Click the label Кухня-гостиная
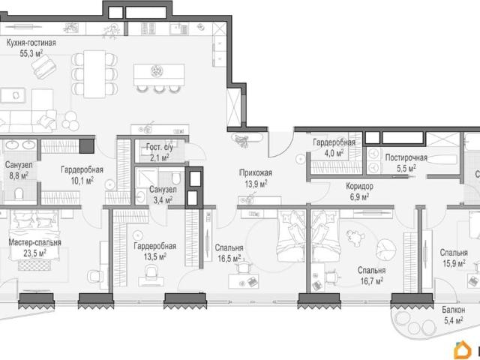point(31,43)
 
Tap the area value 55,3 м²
point(31,53)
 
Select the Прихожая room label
point(256,173)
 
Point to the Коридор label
point(359,186)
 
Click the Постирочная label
point(406,158)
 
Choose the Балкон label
point(453,310)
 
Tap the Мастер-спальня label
point(35,243)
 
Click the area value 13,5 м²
point(155,256)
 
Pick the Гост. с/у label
point(160,147)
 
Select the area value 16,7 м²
point(371,281)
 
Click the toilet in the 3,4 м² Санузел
point(176,178)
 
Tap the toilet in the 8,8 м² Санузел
point(19,193)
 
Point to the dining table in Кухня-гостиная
point(94,74)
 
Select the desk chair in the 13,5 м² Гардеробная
point(151,271)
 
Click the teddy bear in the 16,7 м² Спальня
point(355,238)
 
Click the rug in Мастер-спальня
point(34,265)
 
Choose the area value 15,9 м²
point(454,263)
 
